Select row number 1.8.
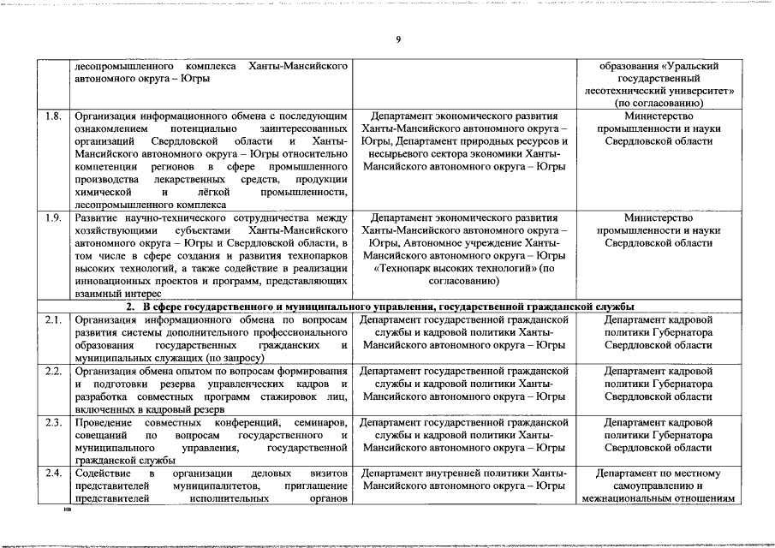(52, 116)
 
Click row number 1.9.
(52, 217)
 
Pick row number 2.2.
(52, 371)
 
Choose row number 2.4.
(52, 473)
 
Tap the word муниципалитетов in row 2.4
(210, 485)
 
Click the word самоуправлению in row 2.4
(658, 485)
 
